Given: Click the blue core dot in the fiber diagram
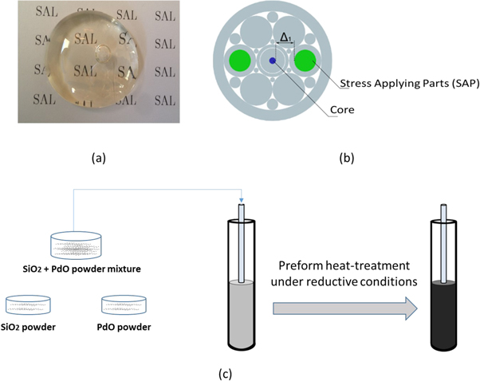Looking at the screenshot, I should (272, 61).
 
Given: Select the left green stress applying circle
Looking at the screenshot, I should (238, 61).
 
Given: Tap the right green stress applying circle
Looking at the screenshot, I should (305, 61).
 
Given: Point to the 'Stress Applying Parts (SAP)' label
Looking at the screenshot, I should (408, 84).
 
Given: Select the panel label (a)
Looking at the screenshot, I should (98, 158).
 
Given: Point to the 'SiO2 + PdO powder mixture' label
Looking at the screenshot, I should (94, 269).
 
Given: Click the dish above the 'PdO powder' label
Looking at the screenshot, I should (125, 306).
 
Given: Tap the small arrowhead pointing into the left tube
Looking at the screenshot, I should (242, 202).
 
